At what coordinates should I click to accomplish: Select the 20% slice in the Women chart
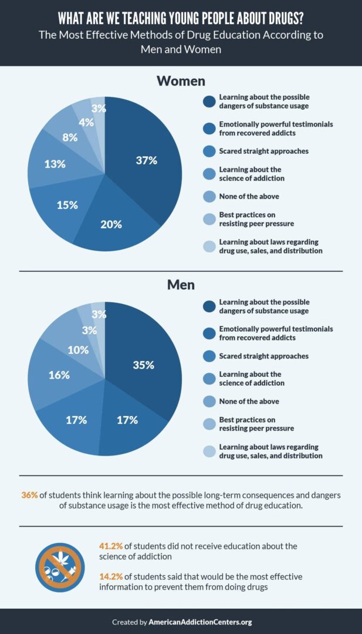[x=111, y=224]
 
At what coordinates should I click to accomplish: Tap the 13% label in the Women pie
[x=55, y=164]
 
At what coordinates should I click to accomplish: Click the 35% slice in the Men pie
[x=143, y=365]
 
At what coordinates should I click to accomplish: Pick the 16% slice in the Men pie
[x=59, y=375]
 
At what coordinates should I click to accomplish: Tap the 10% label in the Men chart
[x=77, y=349]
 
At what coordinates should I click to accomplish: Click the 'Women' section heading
[x=181, y=80]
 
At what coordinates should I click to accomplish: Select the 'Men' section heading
[x=181, y=285]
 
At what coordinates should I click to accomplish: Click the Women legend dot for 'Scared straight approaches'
[x=209, y=151]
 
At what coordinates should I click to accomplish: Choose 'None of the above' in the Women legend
[x=249, y=196]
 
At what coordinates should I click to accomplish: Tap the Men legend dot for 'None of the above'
[x=209, y=402]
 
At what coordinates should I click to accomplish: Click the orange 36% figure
[x=29, y=495]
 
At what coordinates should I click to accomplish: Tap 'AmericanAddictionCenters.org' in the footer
[x=200, y=622]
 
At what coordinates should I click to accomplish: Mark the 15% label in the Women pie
[x=67, y=205]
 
